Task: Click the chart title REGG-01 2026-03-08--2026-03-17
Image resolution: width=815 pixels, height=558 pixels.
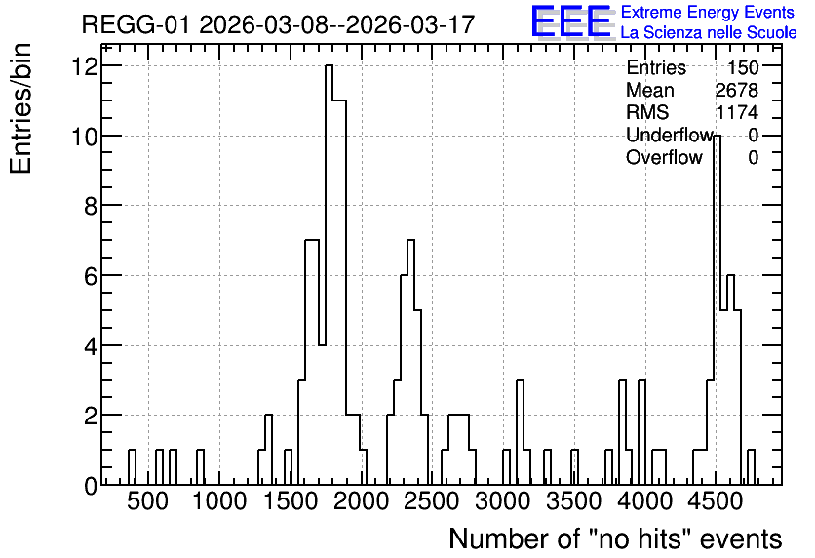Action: coord(278,24)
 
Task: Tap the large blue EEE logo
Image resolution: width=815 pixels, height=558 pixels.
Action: coord(571,21)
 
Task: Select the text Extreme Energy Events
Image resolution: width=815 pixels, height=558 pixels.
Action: coord(708,12)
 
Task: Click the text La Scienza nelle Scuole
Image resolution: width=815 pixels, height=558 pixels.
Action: coord(709,33)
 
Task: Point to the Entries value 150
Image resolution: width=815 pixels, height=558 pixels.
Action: coord(743,67)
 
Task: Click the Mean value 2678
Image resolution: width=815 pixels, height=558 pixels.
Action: coord(737,90)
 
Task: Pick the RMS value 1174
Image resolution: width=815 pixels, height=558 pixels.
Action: coord(737,112)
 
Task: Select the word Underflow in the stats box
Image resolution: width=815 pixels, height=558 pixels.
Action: coord(669,135)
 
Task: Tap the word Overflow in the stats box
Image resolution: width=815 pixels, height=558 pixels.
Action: coord(664,157)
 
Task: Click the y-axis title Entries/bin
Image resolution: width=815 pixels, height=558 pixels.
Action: coord(21,108)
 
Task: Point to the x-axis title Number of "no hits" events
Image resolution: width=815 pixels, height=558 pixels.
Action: coord(615,538)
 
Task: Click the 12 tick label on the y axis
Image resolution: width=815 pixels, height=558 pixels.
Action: coord(86,66)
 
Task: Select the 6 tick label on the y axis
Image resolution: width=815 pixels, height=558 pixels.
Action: coord(91,276)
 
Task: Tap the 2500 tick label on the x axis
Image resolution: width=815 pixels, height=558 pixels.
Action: coord(432,501)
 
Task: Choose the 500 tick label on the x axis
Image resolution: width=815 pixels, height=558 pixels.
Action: coord(148,501)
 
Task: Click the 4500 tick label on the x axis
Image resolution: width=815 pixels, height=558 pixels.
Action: coord(716,501)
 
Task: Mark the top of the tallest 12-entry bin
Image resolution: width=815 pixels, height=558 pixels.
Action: coord(329,65)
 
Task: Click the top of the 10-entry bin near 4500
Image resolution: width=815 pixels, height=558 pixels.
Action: coord(717,136)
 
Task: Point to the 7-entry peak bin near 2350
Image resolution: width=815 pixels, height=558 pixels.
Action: coord(410,240)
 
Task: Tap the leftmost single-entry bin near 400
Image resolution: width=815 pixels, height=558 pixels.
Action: coord(132,450)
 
